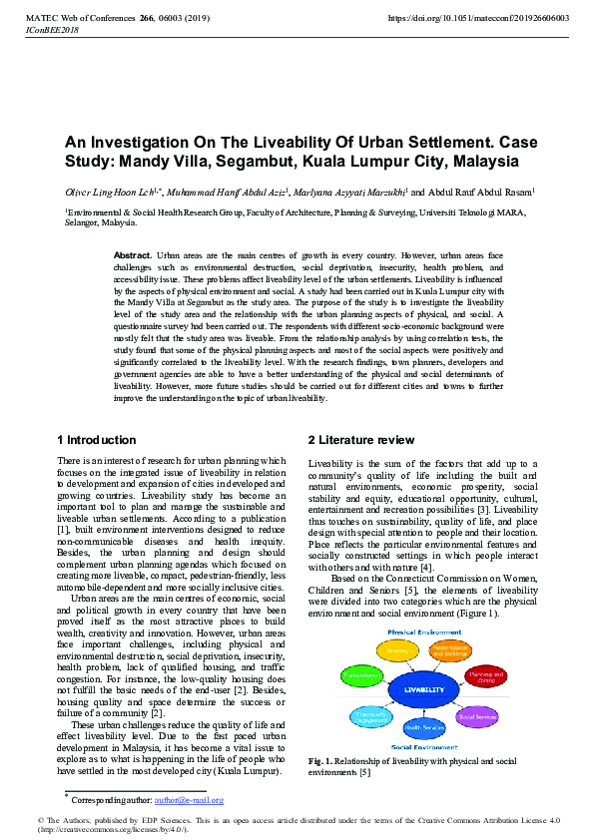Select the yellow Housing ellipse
pos(396,650)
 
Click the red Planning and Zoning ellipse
pos(486,676)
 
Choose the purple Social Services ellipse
pos(477,715)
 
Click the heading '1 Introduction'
pos(97,440)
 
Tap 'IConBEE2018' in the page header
pos(33,32)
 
